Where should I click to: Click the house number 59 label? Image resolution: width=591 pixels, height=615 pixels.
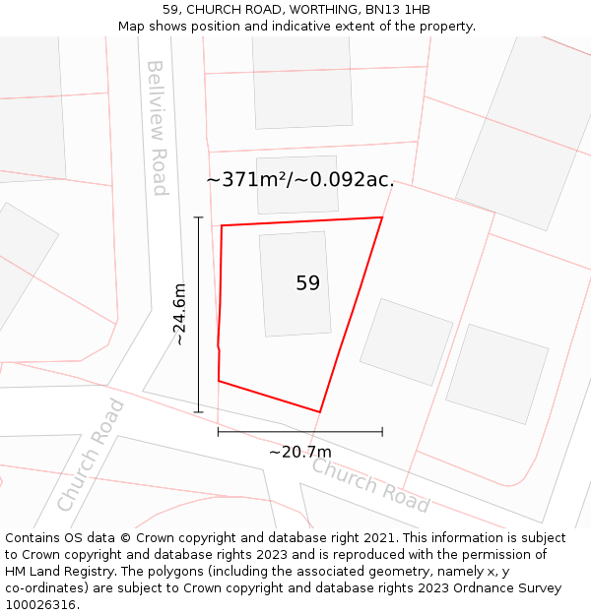307,283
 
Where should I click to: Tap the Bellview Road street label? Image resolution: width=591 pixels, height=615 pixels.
158,128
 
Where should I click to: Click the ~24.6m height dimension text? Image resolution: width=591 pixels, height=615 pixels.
179,314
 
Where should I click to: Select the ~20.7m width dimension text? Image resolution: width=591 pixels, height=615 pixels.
300,452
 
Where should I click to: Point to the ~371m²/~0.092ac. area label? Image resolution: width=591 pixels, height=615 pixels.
300,180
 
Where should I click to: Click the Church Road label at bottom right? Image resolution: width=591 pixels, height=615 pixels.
370,485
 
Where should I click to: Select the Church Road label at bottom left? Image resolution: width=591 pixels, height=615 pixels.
91,455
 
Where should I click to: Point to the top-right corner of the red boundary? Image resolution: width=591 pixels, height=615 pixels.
382,217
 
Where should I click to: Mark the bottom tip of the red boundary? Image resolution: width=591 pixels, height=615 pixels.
320,411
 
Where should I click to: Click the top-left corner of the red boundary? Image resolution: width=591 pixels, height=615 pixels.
222,225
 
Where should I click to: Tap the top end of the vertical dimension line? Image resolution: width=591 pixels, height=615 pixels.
199,217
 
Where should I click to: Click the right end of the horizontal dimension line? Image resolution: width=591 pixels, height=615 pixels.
382,431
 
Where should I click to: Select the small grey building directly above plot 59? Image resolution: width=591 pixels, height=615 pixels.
296,184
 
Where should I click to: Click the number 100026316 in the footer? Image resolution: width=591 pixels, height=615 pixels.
39,605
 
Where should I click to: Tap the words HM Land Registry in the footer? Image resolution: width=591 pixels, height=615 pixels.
52,572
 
